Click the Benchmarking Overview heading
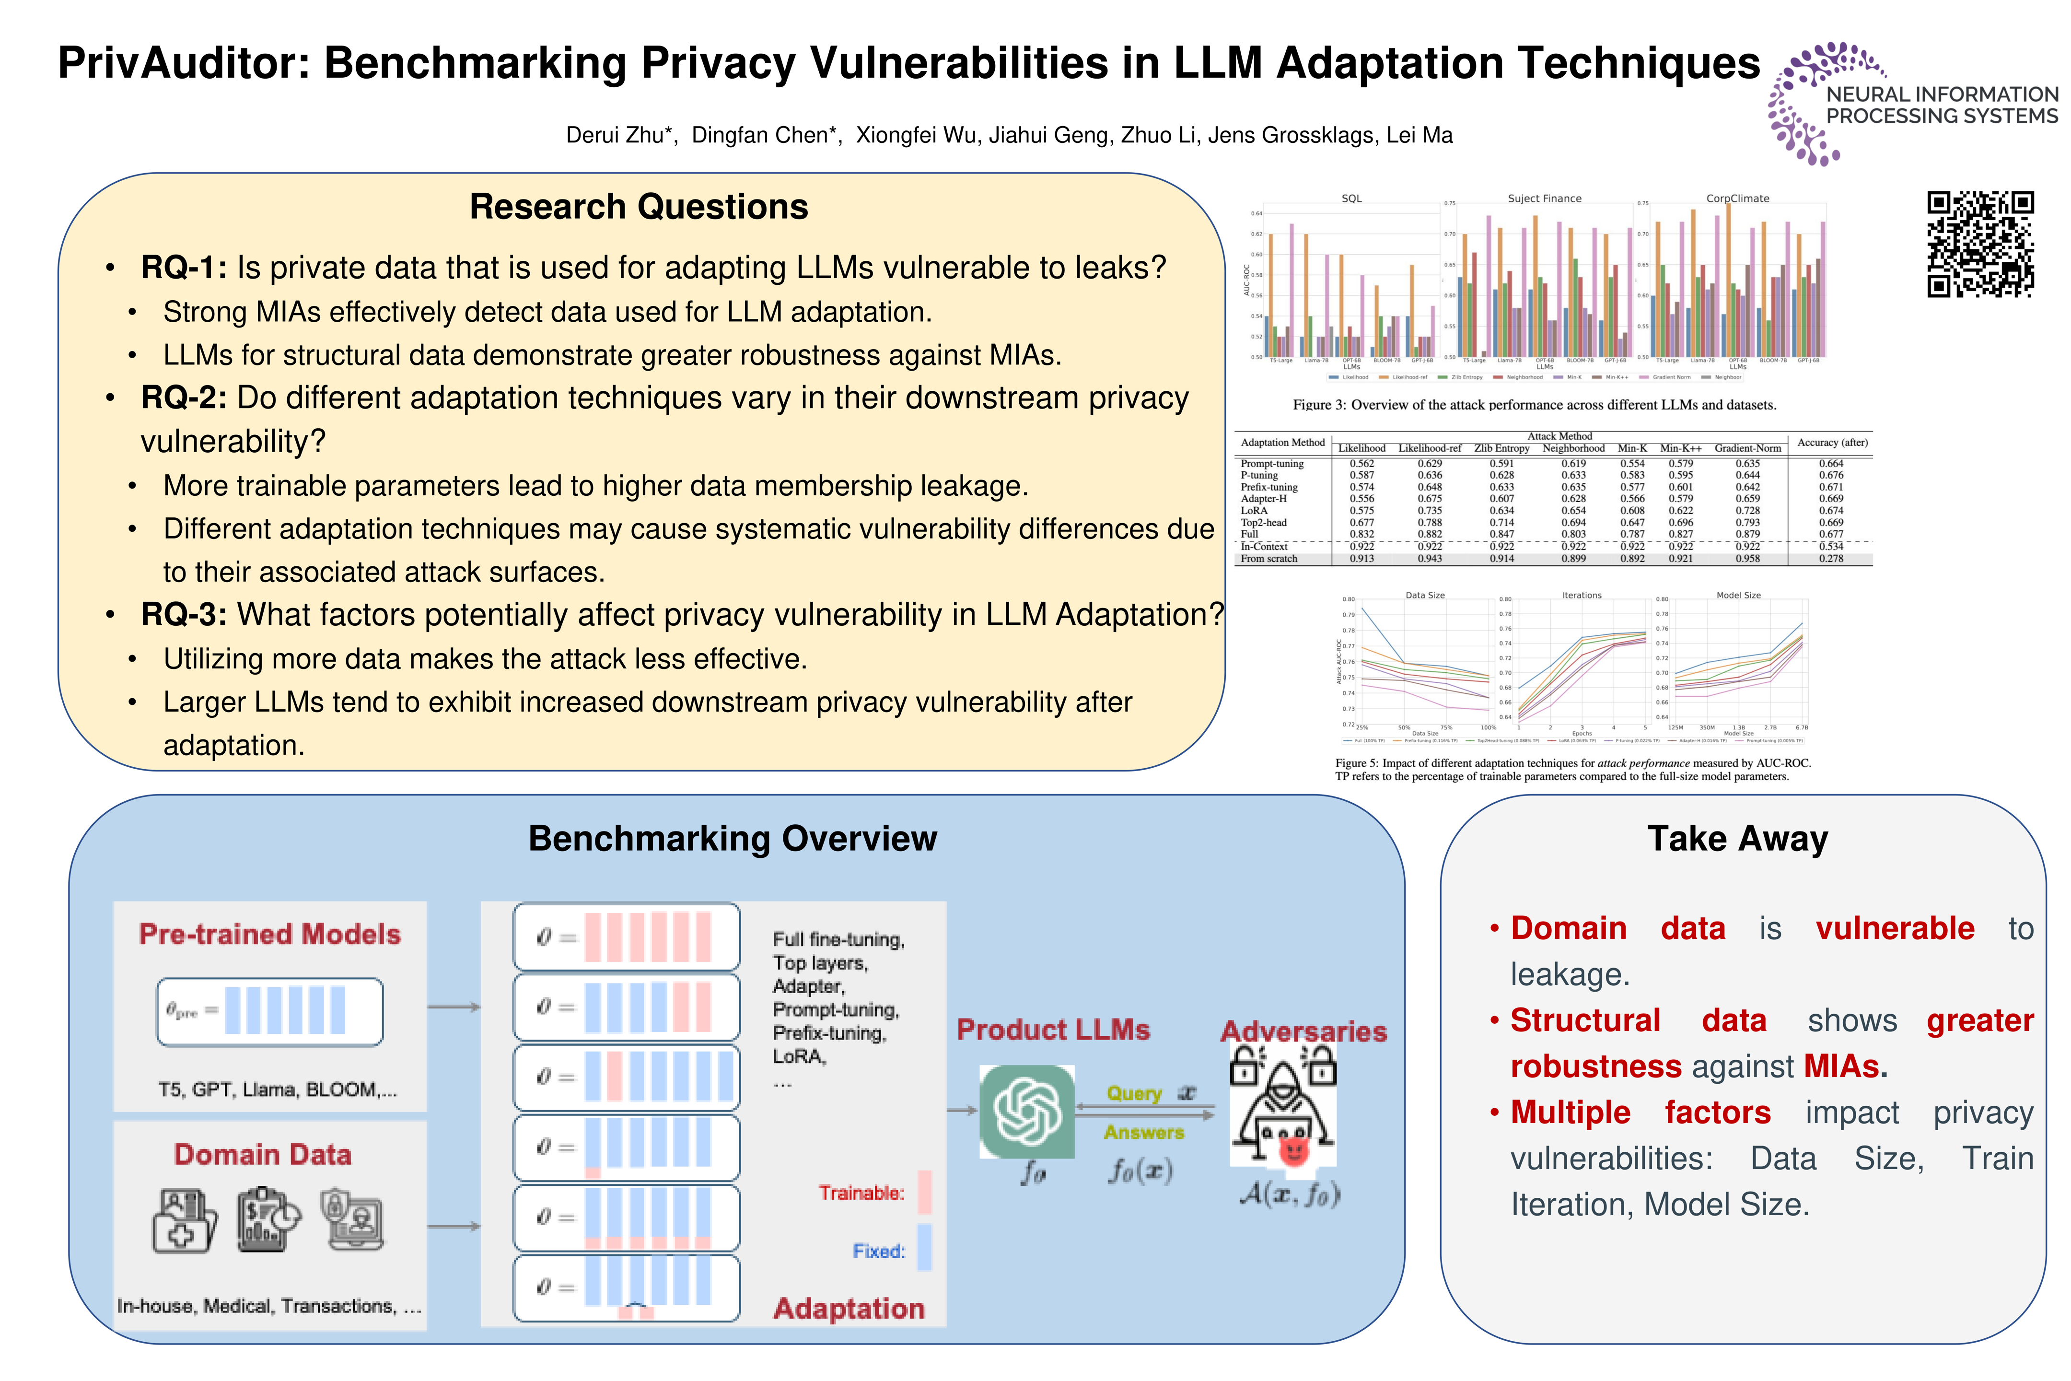point(733,839)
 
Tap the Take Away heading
point(1737,839)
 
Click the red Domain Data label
point(262,1155)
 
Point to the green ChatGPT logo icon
point(1027,1112)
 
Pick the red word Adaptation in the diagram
point(849,1309)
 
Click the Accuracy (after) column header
point(1831,443)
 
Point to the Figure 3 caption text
point(1534,405)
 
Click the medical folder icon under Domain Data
point(185,1221)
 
